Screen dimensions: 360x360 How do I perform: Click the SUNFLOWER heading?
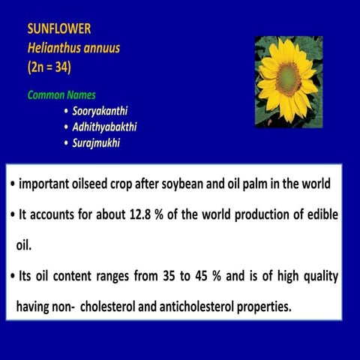coord(59,29)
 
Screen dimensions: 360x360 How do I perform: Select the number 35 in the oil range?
coord(161,276)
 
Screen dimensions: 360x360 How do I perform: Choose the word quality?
coord(317,276)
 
